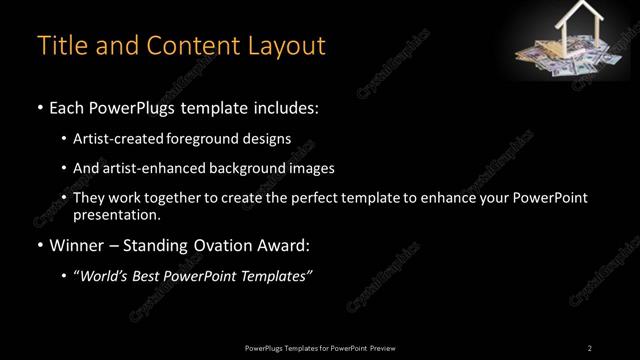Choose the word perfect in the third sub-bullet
click(x=316, y=198)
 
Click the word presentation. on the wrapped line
click(x=116, y=214)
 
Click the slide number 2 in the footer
click(x=590, y=347)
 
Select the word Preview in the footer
click(x=382, y=347)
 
